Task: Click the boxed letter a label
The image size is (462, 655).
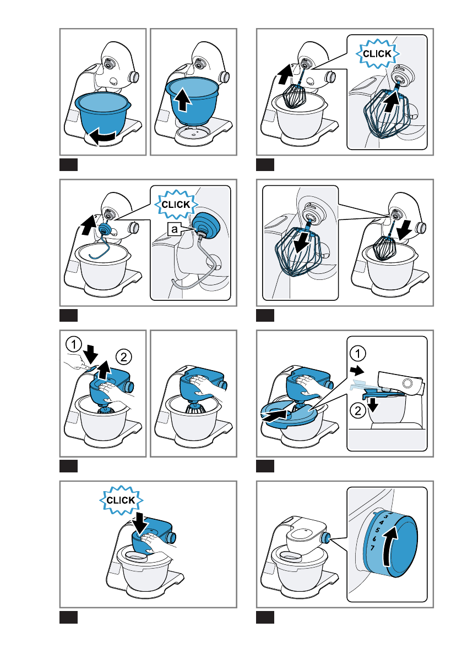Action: pos(175,229)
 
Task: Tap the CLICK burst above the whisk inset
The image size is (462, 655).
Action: pos(378,53)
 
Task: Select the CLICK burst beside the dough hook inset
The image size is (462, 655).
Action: pos(176,204)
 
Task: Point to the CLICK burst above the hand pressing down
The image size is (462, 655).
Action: pos(121,500)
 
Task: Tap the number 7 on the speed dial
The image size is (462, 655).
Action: pos(372,547)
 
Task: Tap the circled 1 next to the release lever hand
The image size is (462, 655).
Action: pos(74,345)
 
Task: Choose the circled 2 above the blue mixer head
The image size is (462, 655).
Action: pos(123,357)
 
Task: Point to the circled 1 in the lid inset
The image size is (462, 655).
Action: pos(357,354)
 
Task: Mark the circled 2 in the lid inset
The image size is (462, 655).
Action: pos(357,410)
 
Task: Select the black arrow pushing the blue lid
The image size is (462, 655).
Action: pos(275,415)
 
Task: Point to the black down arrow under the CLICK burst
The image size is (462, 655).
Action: pos(139,523)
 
